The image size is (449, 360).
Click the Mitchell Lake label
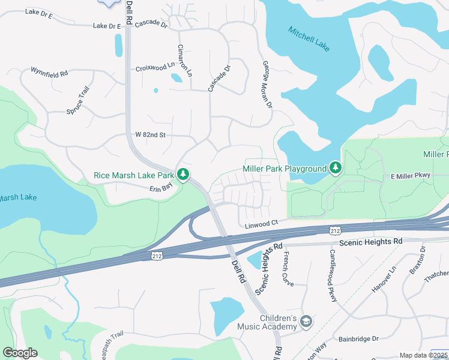[309, 39]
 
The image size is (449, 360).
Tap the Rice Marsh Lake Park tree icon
[183, 175]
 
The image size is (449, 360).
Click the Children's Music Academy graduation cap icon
[307, 322]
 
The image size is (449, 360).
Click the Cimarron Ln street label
[184, 60]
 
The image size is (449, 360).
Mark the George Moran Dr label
[267, 84]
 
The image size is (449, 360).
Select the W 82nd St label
[150, 135]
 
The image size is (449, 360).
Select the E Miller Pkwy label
[411, 176]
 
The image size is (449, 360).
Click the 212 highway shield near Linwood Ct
[336, 230]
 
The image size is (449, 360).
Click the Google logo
[20, 353]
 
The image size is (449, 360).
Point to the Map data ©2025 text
[423, 355]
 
